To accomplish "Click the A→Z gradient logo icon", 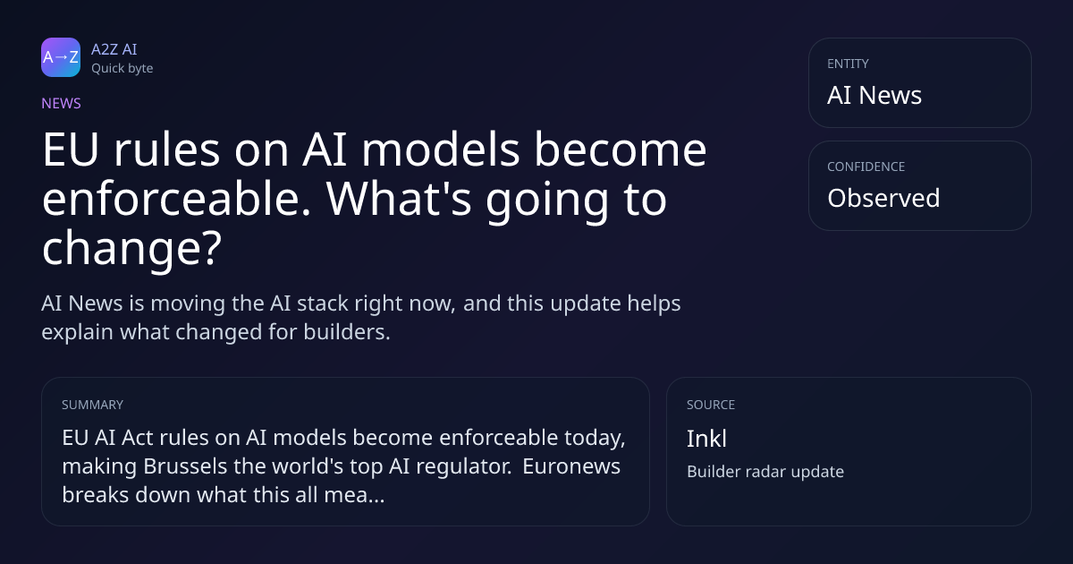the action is point(61,57).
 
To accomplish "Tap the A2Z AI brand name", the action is point(114,49).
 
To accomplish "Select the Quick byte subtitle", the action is point(123,69).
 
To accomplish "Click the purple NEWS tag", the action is point(61,103).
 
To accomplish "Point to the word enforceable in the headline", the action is point(176,199).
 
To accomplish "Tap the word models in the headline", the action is point(440,150).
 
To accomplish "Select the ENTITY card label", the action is point(848,64).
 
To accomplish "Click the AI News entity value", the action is point(874,95).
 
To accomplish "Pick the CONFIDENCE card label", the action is point(866,167).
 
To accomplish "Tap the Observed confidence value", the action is point(883,198).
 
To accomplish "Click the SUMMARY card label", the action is point(92,405).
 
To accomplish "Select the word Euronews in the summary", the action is point(571,466).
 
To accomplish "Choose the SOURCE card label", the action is point(710,405).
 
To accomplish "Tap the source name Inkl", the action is point(706,439).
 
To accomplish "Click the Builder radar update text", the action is point(765,472).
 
